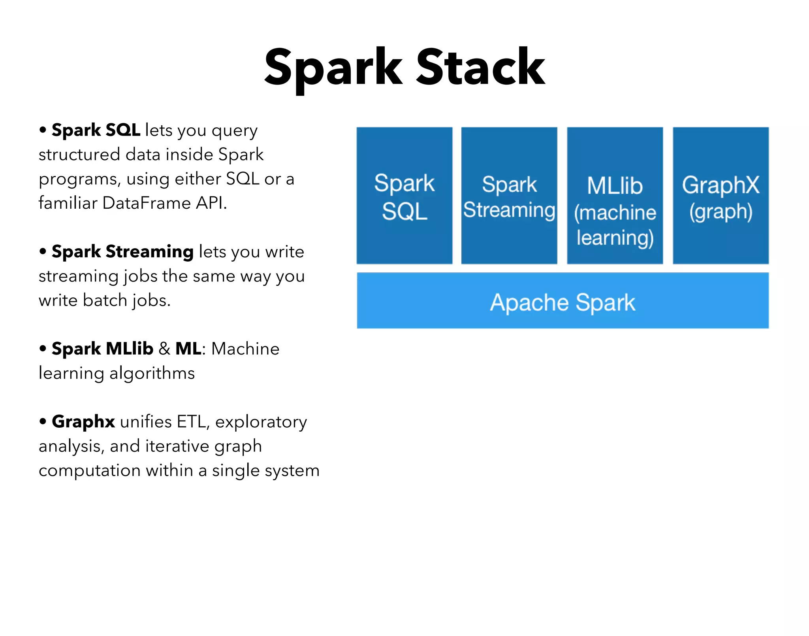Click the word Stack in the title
point(481,67)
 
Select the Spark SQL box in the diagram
point(404,196)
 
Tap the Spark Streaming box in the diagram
point(509,196)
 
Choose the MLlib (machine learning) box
point(615,196)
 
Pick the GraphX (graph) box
point(721,196)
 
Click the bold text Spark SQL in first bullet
point(96,130)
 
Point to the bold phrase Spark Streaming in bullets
point(122,252)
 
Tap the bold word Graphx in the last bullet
point(83,422)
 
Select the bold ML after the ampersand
point(188,349)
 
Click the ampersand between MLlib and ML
point(164,349)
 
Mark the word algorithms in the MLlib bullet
point(152,374)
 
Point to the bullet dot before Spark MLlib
point(43,349)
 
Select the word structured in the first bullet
point(79,155)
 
